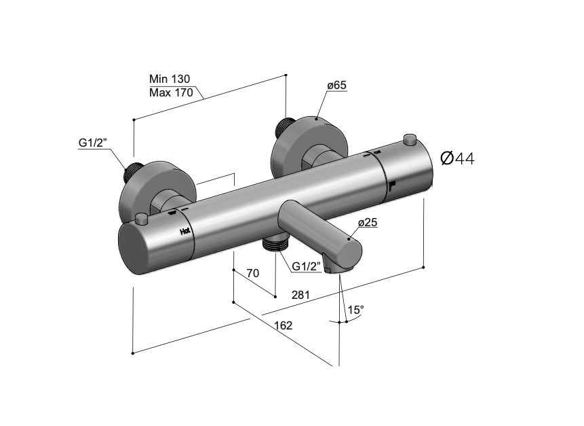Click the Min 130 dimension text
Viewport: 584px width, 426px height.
[171, 79]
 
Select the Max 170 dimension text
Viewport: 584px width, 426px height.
[171, 92]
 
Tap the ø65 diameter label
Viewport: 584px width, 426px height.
[337, 86]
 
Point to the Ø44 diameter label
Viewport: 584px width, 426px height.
[457, 158]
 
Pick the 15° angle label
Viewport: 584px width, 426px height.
[355, 310]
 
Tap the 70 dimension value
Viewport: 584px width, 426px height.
[253, 273]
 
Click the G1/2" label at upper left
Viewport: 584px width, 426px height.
[93, 143]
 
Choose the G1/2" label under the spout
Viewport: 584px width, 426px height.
[307, 267]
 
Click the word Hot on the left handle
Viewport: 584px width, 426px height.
[185, 232]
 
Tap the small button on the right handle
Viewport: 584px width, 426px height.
[408, 140]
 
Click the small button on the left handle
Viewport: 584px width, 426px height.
[141, 219]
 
